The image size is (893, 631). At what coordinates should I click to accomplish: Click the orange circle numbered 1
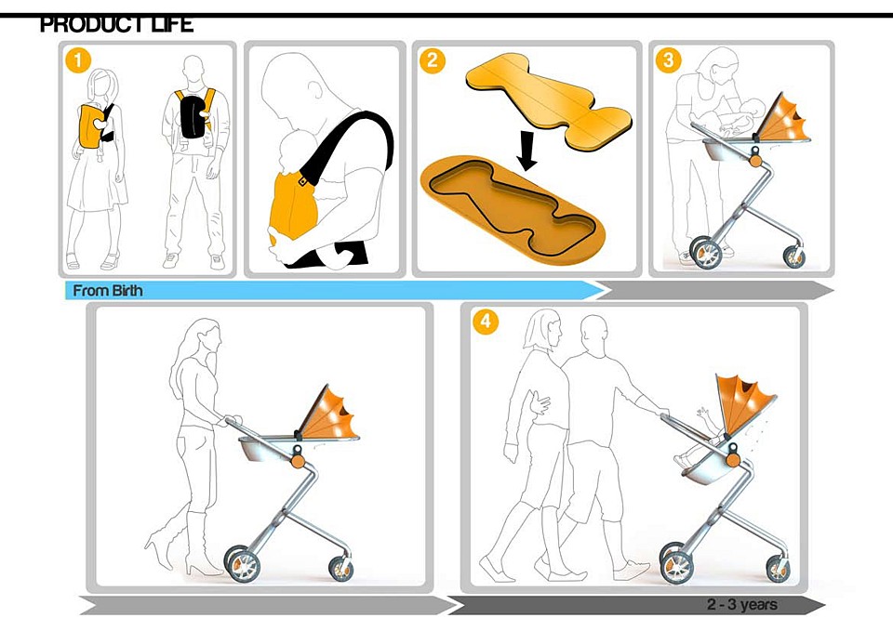click(78, 59)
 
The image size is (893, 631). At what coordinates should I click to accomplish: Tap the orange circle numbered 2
click(432, 59)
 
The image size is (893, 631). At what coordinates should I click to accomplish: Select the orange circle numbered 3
click(669, 59)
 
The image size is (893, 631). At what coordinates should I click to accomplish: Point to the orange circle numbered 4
click(486, 322)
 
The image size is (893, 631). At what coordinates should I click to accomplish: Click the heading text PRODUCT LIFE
click(117, 24)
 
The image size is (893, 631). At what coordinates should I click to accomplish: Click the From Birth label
click(108, 291)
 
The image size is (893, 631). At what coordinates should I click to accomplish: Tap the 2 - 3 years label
click(742, 604)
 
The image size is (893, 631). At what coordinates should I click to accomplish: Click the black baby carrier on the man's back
click(195, 113)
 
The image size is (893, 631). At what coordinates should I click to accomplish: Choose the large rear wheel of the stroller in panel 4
click(676, 562)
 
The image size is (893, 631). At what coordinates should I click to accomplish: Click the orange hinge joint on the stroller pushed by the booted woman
click(297, 462)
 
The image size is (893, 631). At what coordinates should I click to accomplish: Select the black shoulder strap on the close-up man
click(349, 142)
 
